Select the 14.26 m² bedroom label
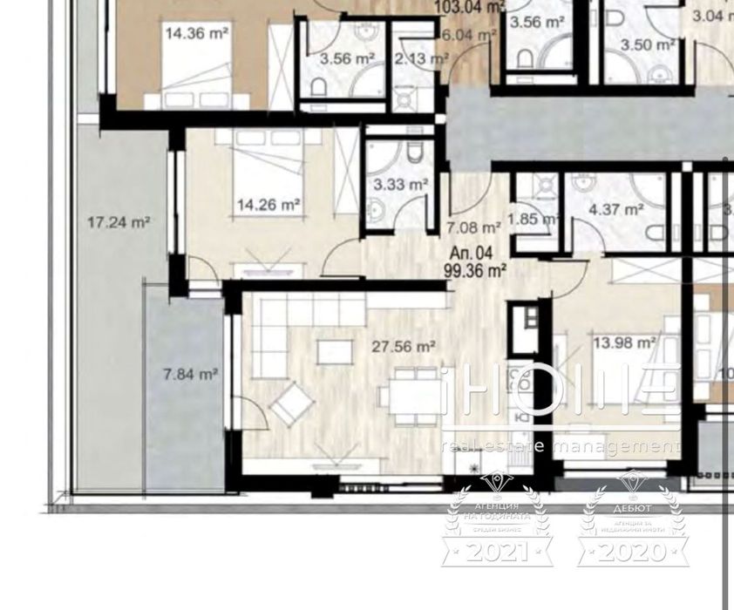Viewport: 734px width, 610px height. click(268, 206)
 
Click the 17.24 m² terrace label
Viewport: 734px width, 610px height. click(119, 222)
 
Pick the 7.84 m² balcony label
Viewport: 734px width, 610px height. click(190, 375)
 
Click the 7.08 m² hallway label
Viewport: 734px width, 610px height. click(473, 229)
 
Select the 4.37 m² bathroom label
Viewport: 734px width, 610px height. click(615, 209)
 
